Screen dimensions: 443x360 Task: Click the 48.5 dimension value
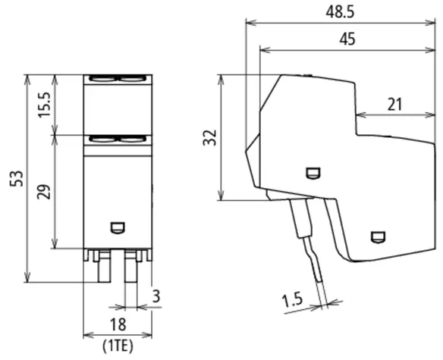(340, 12)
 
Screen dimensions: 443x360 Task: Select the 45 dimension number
(347, 39)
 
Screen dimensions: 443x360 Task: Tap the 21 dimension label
(394, 105)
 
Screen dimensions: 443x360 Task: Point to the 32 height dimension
(210, 137)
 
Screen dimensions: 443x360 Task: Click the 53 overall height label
(17, 178)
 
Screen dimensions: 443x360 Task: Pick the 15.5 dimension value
(44, 105)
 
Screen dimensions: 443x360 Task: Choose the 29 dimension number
(44, 192)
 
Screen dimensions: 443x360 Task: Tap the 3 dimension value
(156, 296)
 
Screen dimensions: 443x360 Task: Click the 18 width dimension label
(118, 324)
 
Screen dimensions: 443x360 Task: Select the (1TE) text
(118, 346)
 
